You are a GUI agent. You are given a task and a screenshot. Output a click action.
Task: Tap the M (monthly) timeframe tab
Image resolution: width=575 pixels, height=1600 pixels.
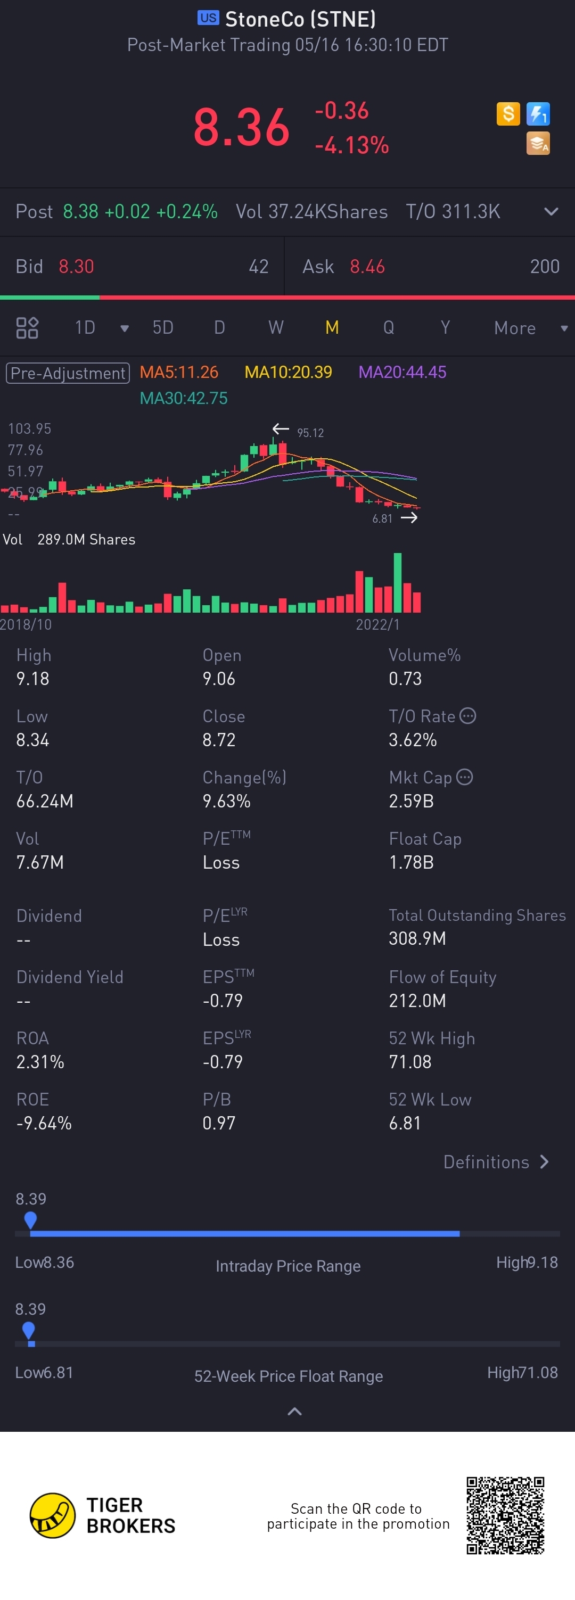click(332, 327)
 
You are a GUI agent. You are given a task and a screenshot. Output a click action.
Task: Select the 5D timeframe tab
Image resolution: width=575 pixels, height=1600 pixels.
click(163, 327)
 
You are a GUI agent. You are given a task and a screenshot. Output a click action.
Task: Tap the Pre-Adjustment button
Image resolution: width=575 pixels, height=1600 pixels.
click(68, 373)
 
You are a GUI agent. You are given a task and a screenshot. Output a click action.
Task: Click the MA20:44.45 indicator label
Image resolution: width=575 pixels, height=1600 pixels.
click(402, 372)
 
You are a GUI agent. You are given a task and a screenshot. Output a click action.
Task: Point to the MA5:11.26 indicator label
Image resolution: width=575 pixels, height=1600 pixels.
click(179, 372)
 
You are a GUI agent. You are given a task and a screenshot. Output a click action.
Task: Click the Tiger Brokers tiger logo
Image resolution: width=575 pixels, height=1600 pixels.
click(52, 1515)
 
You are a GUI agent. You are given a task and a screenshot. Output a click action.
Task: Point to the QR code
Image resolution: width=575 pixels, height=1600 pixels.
click(505, 1515)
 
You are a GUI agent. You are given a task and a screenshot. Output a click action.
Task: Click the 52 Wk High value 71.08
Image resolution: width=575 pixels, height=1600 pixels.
click(410, 1061)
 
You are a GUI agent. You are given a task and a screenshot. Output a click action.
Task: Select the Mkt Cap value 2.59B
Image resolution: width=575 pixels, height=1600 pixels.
click(411, 801)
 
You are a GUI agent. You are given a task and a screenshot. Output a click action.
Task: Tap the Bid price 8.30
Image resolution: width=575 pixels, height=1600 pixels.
click(76, 267)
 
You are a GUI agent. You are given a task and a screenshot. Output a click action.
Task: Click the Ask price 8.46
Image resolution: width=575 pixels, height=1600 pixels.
click(367, 267)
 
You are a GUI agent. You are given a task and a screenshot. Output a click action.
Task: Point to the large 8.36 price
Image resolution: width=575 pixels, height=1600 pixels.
click(242, 128)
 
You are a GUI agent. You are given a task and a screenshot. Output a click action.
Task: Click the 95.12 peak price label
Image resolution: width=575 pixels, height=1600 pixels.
click(310, 433)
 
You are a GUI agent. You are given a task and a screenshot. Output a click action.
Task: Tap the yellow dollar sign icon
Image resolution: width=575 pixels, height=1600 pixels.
click(508, 114)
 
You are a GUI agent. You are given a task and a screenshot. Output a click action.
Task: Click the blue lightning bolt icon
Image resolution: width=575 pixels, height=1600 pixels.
click(538, 114)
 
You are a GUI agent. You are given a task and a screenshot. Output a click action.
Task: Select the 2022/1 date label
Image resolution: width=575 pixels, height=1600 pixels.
click(377, 624)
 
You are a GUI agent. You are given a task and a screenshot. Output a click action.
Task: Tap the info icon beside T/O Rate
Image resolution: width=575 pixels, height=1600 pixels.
click(467, 715)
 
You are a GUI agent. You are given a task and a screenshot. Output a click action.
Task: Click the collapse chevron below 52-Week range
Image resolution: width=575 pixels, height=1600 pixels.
click(295, 1412)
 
